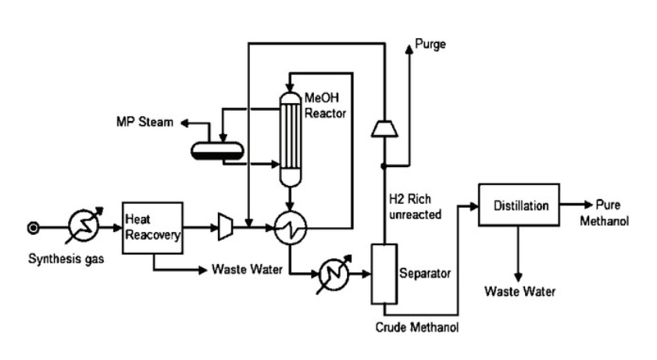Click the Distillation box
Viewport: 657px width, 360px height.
(x=518, y=207)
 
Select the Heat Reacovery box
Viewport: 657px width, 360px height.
(x=152, y=227)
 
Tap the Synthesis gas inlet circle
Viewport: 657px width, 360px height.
(x=33, y=228)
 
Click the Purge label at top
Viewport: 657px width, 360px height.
(x=430, y=45)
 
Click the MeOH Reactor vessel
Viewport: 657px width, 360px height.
(x=290, y=141)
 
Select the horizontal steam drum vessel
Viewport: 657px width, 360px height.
(x=217, y=148)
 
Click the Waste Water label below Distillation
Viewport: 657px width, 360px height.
(x=520, y=292)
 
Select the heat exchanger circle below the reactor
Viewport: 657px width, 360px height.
(x=290, y=228)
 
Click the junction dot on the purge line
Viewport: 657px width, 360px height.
(x=384, y=166)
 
